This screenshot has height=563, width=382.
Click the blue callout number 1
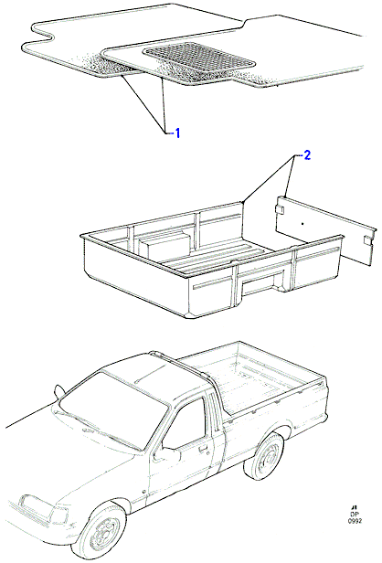coord(176,133)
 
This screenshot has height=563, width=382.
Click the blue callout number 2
coord(307,155)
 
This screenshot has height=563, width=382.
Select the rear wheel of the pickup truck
coord(265,456)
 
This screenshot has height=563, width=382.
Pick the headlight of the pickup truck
coord(58,515)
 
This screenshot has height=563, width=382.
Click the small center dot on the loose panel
coord(302,224)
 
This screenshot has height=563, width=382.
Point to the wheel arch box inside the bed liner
coord(164,245)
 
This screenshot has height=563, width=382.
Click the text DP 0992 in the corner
coord(355,516)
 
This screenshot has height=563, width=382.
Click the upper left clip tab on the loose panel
coord(280,208)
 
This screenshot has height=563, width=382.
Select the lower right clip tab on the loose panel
coord(367,239)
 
